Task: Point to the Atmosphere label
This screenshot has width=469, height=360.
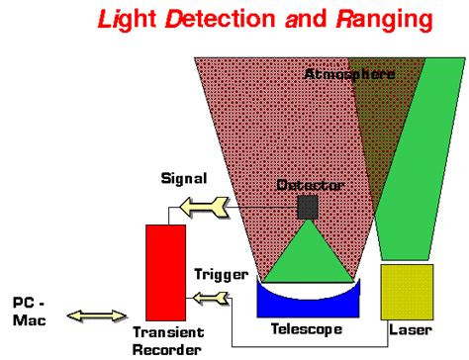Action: pyautogui.click(x=348, y=74)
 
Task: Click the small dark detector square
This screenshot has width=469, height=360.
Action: pyautogui.click(x=308, y=206)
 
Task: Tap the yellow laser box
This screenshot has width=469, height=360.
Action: pyautogui.click(x=407, y=291)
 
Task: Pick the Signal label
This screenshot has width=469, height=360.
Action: pyautogui.click(x=184, y=180)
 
